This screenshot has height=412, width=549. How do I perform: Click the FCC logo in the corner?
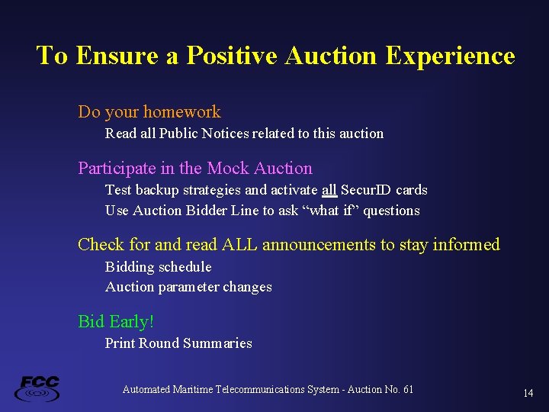tap(37, 388)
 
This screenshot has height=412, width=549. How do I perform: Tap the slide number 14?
tap(528, 394)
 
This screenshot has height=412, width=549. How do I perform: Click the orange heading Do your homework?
tap(149, 112)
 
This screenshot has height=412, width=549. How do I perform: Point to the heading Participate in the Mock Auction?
tap(195, 169)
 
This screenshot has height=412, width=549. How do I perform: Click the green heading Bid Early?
tap(116, 322)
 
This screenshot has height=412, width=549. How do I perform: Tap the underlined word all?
tap(329, 190)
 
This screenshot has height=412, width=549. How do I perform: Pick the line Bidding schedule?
tap(158, 267)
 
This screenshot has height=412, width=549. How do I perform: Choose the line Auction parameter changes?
tap(188, 288)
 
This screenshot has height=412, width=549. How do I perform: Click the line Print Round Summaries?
tap(178, 343)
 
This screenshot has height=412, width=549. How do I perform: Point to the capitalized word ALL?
tap(241, 245)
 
